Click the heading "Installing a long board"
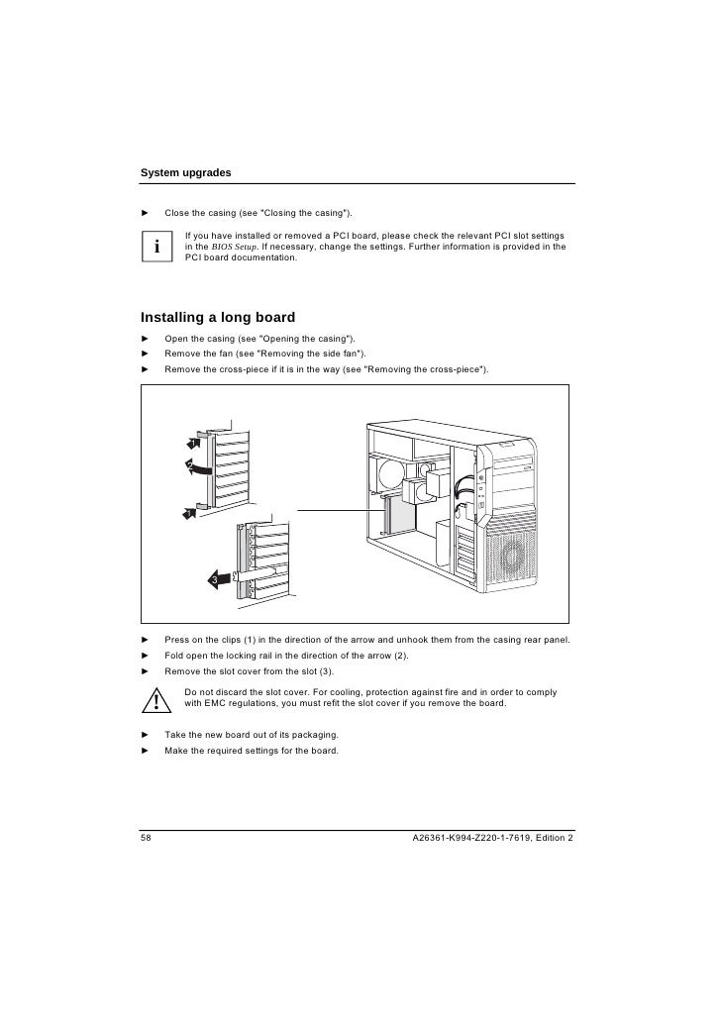pos(218,318)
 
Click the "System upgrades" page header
pos(186,172)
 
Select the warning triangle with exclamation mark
pos(157,702)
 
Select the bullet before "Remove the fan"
pos(145,354)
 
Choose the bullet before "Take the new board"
pos(145,735)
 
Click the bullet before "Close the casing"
pos(145,213)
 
